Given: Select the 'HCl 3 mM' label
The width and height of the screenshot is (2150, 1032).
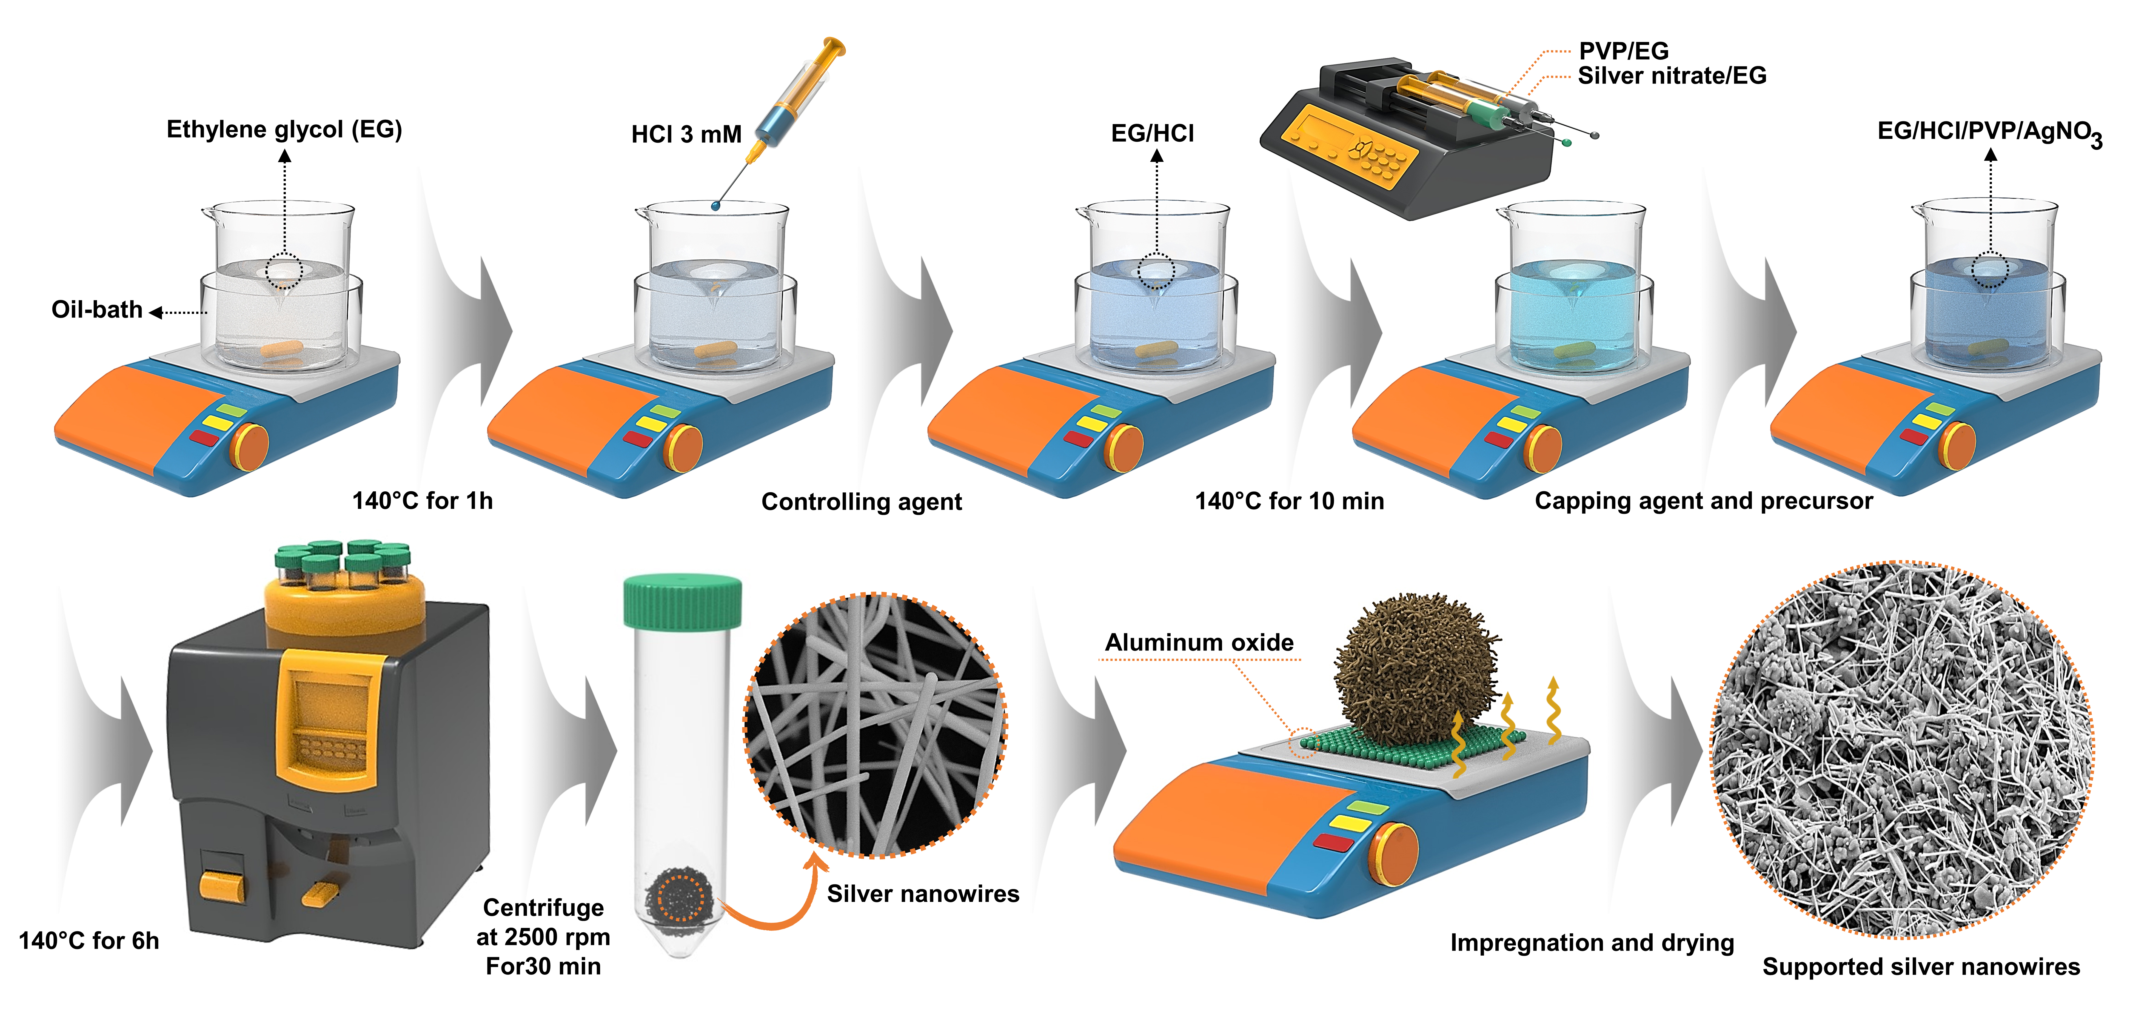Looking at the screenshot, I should pyautogui.click(x=686, y=134).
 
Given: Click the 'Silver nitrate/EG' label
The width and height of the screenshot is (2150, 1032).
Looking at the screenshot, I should pyautogui.click(x=1672, y=76).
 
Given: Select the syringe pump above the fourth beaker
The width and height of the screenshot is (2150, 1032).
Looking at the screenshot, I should pyautogui.click(x=1410, y=138).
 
